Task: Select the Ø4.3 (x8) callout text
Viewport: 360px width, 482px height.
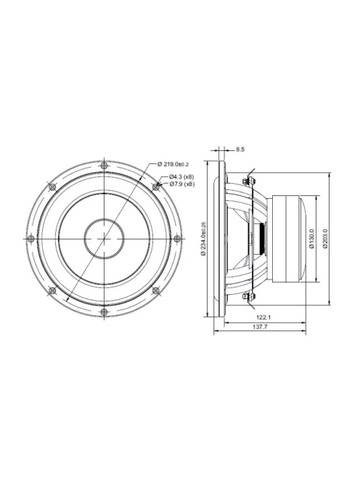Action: tap(181, 176)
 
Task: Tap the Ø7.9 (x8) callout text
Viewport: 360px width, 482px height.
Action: tap(181, 184)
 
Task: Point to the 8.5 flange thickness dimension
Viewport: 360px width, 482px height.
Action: tap(240, 150)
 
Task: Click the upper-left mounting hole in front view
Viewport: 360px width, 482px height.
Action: tap(52, 187)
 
